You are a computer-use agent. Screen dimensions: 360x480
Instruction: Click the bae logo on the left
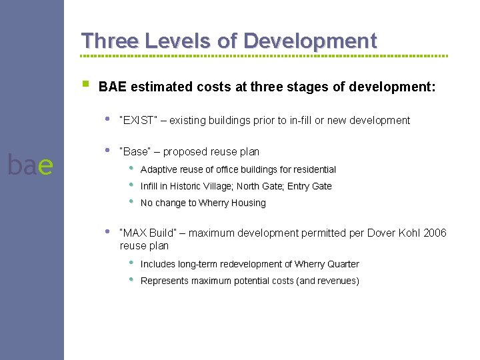[x=29, y=165]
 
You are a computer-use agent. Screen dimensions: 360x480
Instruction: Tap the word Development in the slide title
[x=310, y=41]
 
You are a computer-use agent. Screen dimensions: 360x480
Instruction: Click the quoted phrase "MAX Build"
[x=148, y=233]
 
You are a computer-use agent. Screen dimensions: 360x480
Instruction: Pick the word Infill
[x=150, y=187]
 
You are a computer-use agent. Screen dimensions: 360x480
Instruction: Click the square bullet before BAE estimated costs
[x=85, y=85]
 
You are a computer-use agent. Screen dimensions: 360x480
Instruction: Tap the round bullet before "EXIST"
[x=107, y=119]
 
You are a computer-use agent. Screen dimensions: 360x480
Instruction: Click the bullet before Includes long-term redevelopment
[x=132, y=263]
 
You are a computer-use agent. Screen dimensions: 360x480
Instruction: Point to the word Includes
[x=159, y=265]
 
